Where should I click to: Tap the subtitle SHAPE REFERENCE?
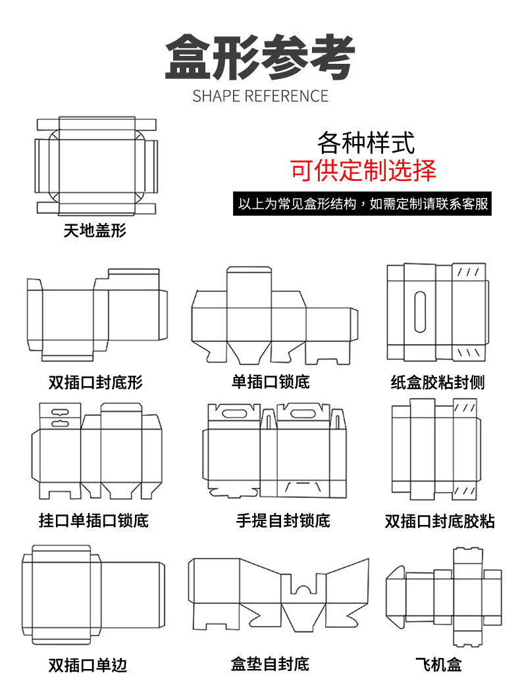point(260,96)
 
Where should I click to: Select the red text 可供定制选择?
point(363,170)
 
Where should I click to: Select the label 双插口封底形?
point(95,382)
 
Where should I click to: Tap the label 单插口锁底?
point(271,382)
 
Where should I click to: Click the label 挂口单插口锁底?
point(93,521)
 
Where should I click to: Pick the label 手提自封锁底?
point(283,521)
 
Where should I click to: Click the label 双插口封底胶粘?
point(439,522)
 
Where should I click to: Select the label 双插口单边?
point(88,665)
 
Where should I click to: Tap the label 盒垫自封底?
point(270,664)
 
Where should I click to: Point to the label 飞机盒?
point(438,665)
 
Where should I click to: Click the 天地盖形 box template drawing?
point(96,166)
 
